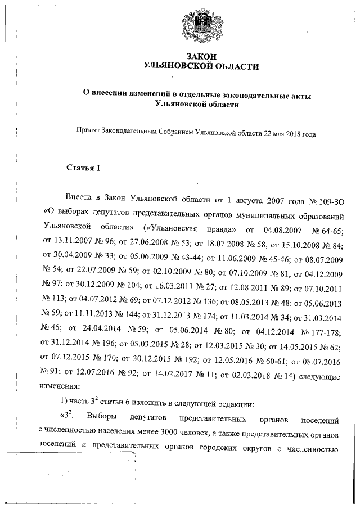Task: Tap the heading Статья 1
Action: [x=83, y=168]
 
